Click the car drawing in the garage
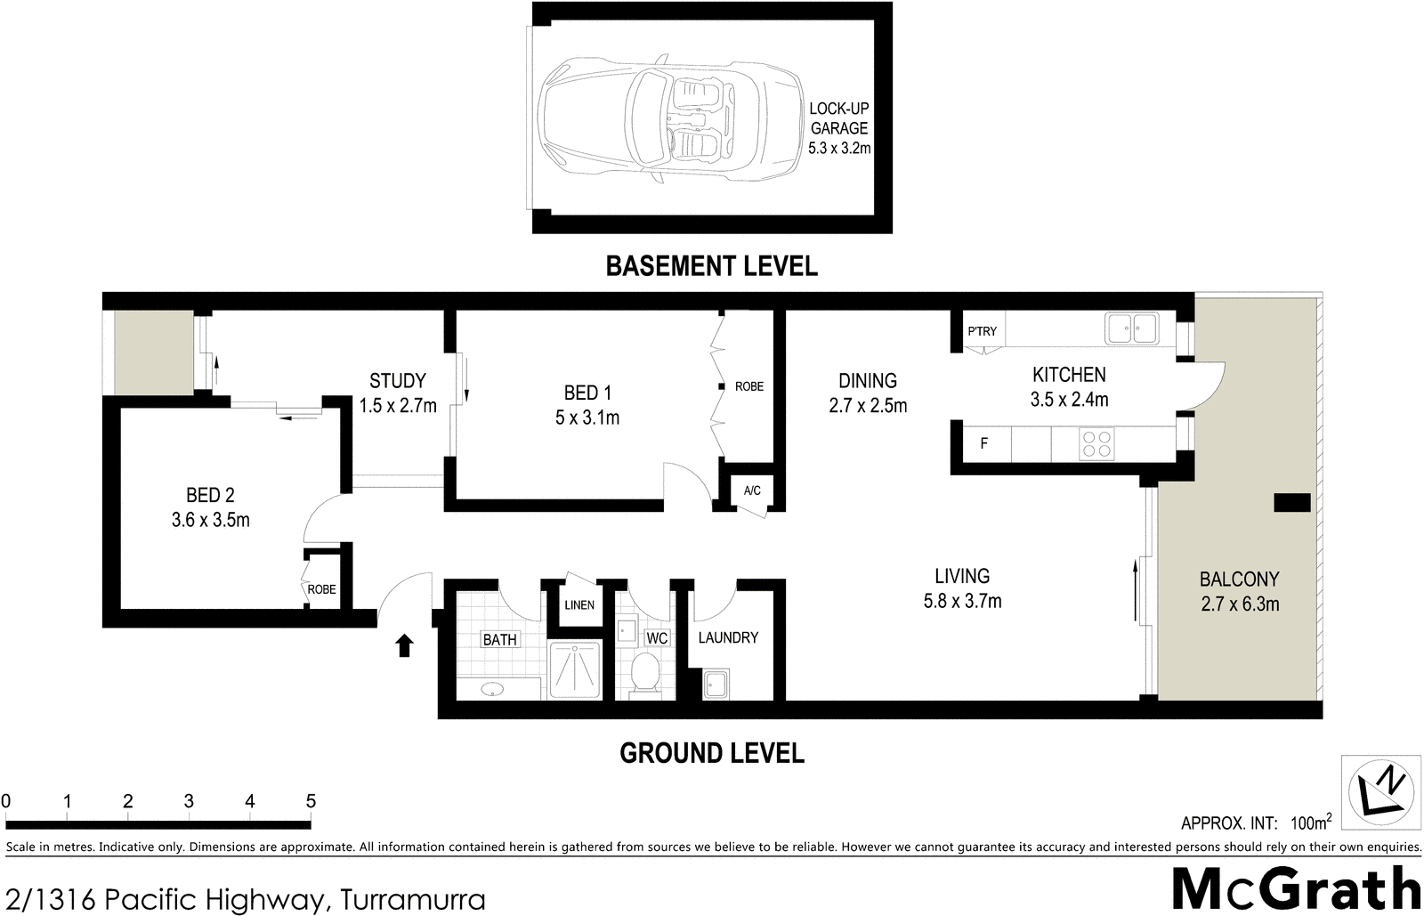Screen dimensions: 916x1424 click(x=667, y=118)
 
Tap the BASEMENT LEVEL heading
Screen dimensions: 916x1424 click(x=711, y=266)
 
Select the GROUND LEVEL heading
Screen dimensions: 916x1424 click(x=711, y=753)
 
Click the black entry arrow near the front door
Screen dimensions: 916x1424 click(x=404, y=644)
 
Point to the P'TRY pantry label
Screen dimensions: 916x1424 click(x=982, y=331)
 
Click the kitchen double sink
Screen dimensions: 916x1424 click(x=1131, y=328)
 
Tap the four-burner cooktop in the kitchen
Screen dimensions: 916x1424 click(x=1096, y=443)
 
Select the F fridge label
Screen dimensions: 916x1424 click(x=983, y=443)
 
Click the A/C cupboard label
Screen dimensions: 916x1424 click(x=752, y=490)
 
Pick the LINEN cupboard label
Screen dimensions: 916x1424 click(x=579, y=605)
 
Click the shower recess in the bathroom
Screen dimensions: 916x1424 click(x=574, y=669)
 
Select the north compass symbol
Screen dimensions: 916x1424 click(x=1380, y=789)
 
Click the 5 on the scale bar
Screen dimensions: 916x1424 click(x=311, y=801)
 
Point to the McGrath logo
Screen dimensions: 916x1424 click(x=1296, y=888)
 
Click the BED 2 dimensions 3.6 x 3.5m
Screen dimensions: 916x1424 click(x=210, y=520)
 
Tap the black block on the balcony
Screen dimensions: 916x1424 click(x=1291, y=502)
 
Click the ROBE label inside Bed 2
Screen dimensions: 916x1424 click(x=321, y=589)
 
